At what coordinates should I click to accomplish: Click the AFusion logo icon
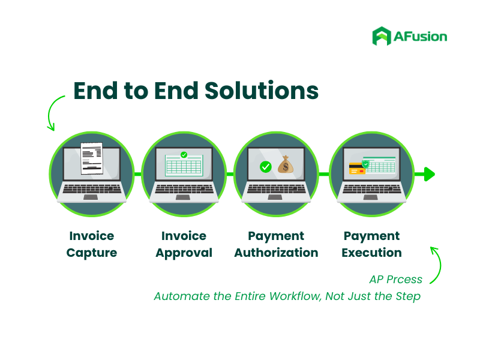point(382,36)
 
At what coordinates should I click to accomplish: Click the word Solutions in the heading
point(262,91)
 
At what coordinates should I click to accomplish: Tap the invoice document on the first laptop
point(92,158)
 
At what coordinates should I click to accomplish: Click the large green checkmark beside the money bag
point(265,167)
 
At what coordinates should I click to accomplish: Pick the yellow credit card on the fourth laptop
point(357,169)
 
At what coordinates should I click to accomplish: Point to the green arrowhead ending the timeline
point(430,174)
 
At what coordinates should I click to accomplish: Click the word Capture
point(92,253)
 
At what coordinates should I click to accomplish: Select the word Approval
point(184,253)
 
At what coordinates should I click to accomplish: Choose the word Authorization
point(276,253)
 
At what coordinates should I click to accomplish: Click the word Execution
point(371,253)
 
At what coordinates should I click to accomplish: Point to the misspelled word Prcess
point(404,279)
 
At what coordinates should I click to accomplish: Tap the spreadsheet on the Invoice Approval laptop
point(184,166)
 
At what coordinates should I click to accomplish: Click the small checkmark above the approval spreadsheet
point(184,155)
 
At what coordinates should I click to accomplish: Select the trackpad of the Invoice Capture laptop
point(91,197)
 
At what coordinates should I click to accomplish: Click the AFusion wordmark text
point(421,37)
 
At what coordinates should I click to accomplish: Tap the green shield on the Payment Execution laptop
point(365,164)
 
